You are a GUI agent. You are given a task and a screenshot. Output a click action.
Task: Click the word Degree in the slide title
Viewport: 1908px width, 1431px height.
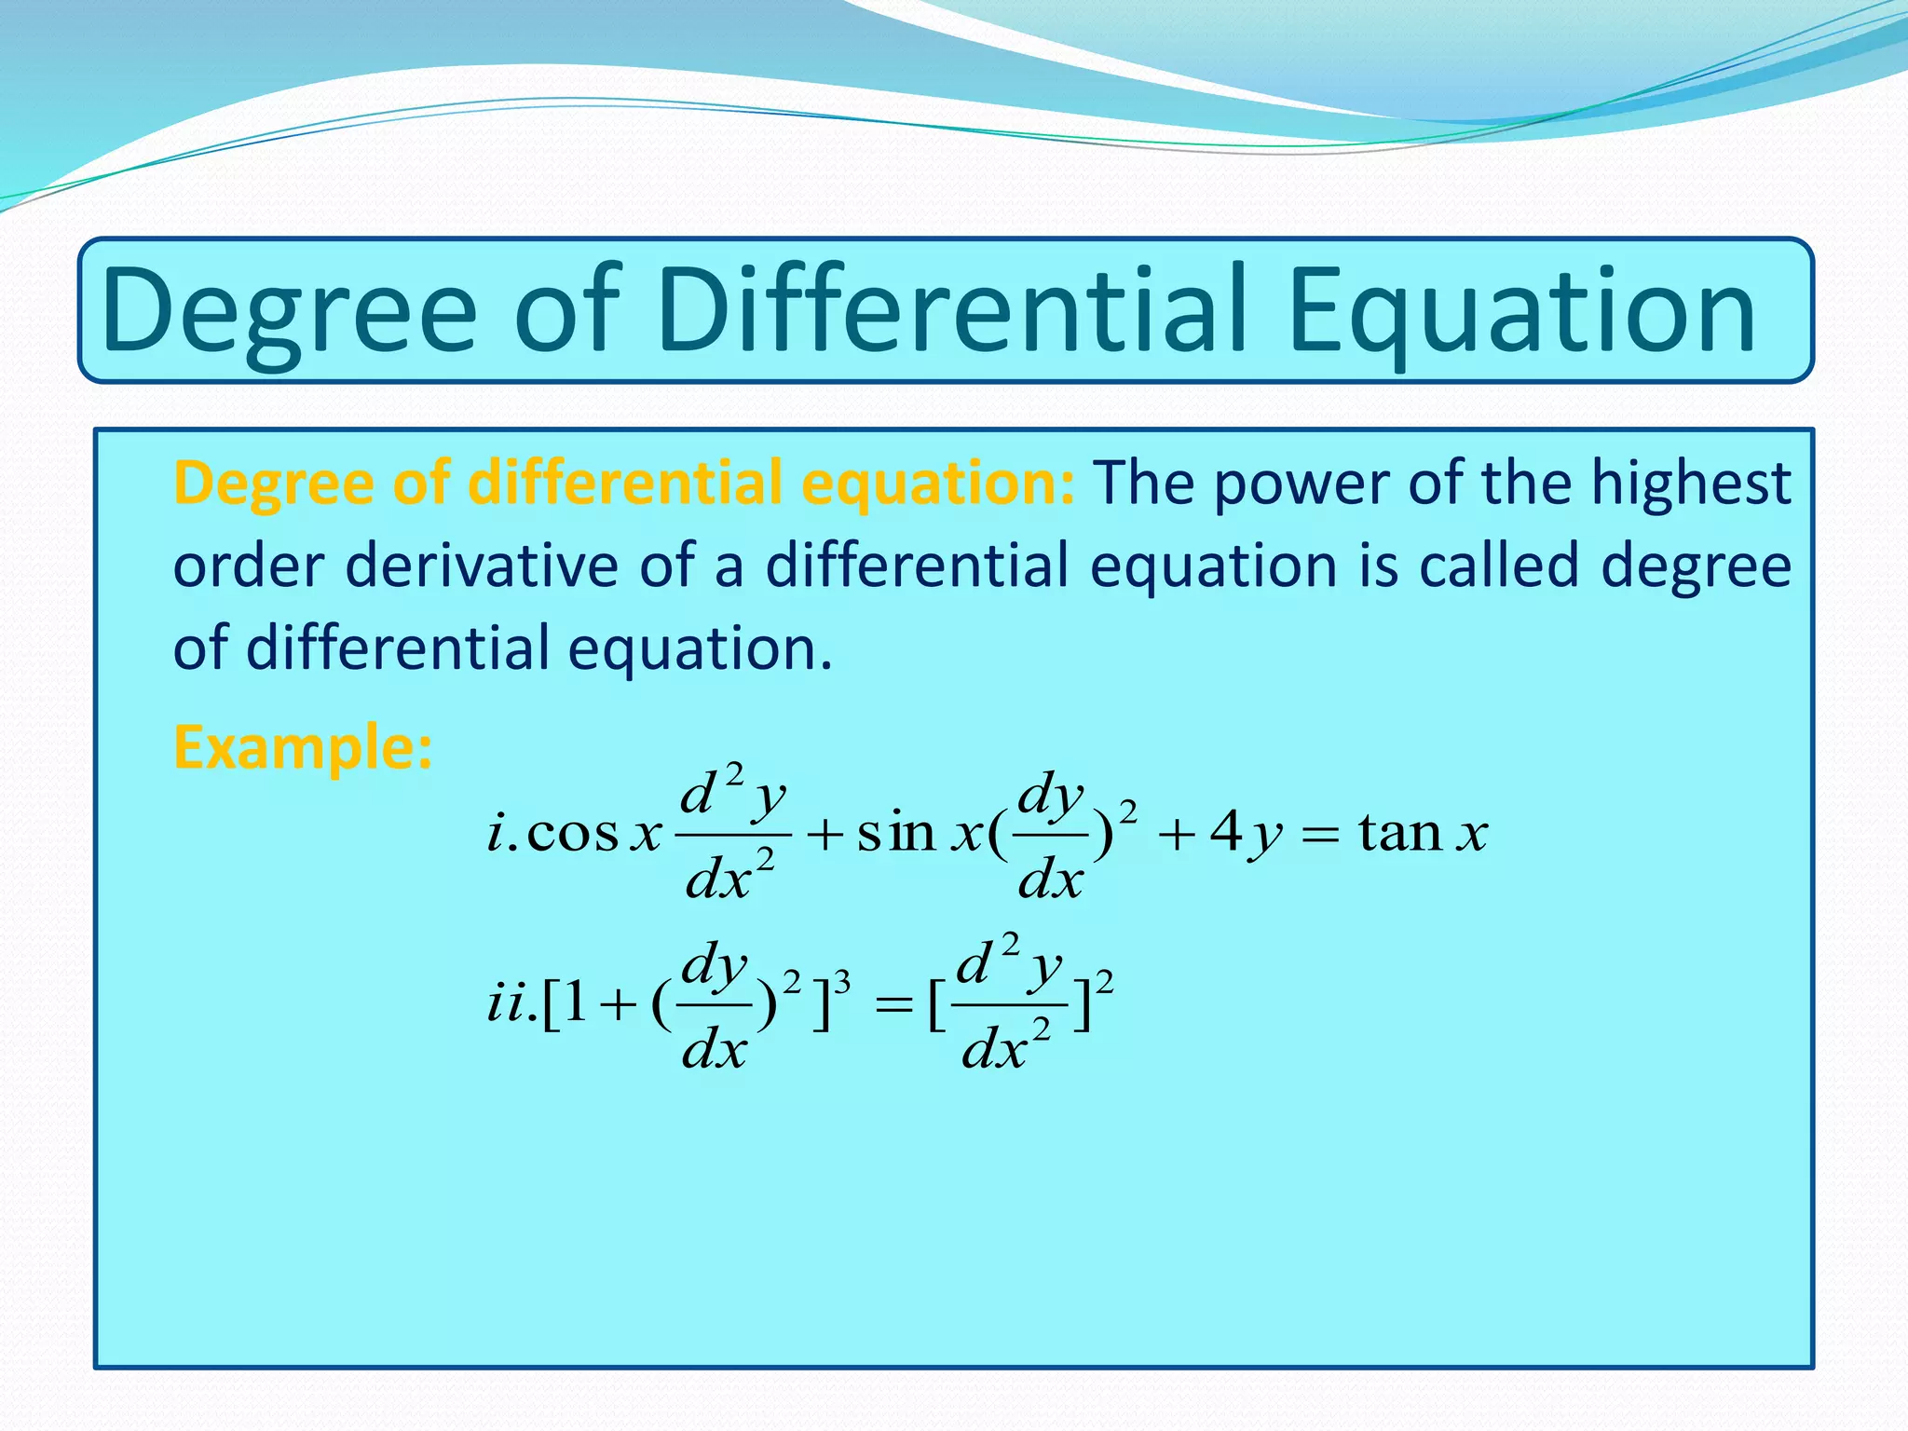point(289,312)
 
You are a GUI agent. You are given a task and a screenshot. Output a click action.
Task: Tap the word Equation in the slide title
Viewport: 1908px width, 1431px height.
point(1522,312)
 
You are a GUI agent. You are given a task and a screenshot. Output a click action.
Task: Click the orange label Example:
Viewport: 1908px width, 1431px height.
point(303,747)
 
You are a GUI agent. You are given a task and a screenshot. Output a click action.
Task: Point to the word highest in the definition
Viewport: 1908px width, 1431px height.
point(1690,484)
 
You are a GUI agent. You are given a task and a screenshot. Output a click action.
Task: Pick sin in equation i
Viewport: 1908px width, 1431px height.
point(895,831)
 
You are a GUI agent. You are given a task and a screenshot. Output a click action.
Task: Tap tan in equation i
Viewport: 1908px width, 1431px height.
point(1399,831)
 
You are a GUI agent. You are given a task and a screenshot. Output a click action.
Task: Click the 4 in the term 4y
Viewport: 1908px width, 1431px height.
point(1225,831)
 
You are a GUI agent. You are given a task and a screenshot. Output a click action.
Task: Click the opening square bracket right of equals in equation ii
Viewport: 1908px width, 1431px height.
point(937,1006)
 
